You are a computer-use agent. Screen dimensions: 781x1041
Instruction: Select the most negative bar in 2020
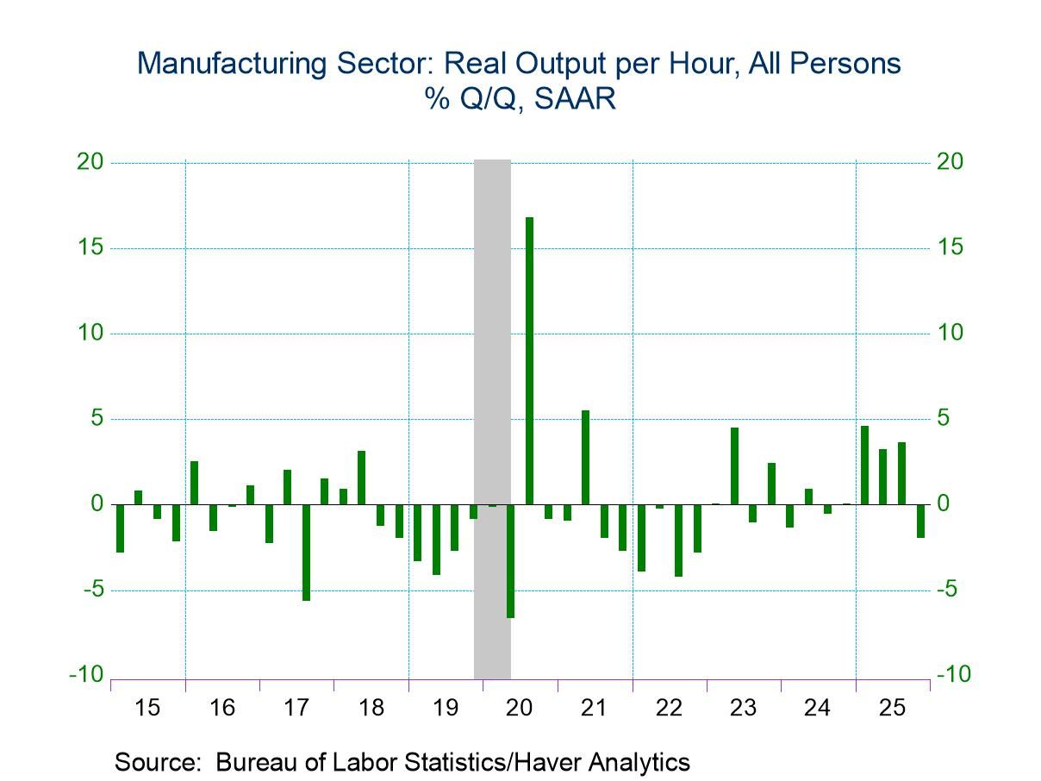510,560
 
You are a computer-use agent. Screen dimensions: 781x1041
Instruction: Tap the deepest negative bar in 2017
306,552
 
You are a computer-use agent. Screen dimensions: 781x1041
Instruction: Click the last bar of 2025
920,521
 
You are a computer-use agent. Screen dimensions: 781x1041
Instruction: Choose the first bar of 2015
120,528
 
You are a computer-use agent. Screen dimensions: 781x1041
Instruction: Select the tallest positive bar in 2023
734,465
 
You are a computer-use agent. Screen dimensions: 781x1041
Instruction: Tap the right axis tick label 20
952,163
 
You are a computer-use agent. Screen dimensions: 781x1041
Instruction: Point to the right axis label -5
952,590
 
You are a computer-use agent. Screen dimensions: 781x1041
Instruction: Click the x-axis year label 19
446,709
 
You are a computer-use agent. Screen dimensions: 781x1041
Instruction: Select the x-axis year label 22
669,709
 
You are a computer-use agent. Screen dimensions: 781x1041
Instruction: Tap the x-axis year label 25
892,709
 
